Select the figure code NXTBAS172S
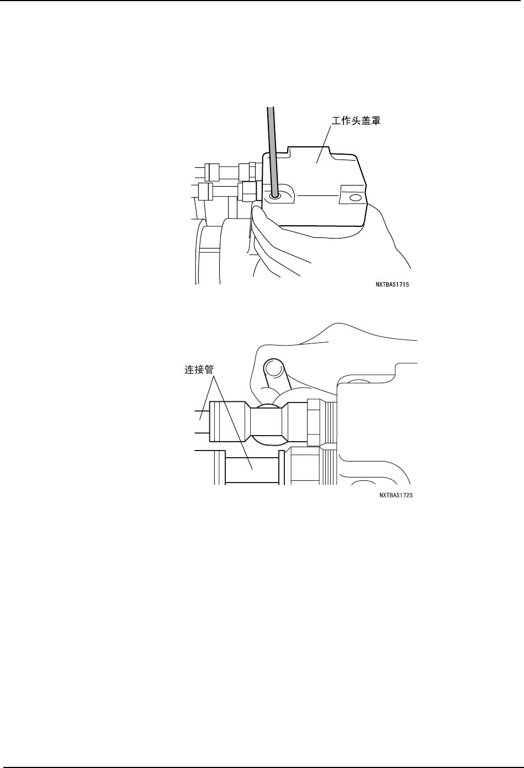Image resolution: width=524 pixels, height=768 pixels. click(x=396, y=495)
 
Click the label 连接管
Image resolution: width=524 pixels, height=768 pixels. click(x=199, y=371)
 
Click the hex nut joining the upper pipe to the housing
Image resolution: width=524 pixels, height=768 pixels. click(x=313, y=423)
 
